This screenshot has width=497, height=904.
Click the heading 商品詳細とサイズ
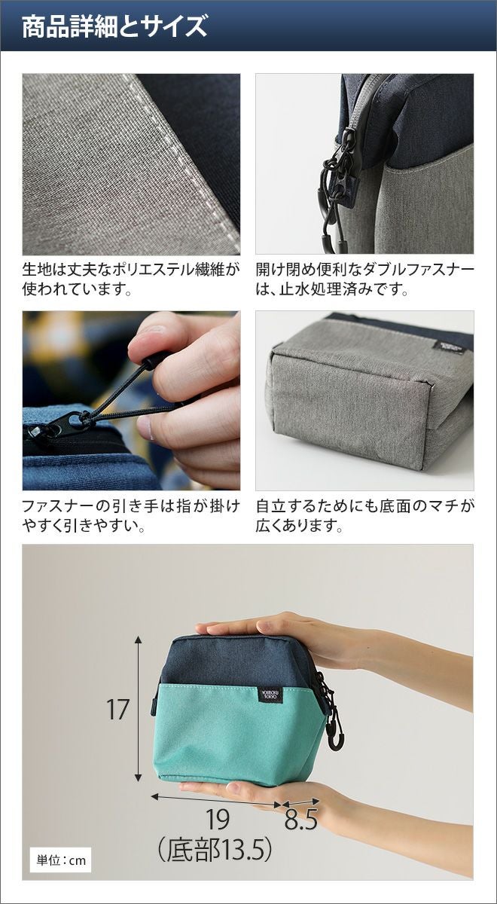(x=114, y=26)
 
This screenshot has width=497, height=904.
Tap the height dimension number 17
(x=117, y=710)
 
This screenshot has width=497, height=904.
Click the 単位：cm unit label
(x=61, y=860)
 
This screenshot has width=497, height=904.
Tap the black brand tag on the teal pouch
(x=267, y=693)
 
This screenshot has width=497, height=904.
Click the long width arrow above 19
(x=216, y=799)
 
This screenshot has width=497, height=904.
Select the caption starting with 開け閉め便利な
(x=364, y=279)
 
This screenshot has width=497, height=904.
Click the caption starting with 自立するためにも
(x=364, y=515)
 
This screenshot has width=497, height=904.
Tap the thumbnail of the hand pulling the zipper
(x=131, y=400)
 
